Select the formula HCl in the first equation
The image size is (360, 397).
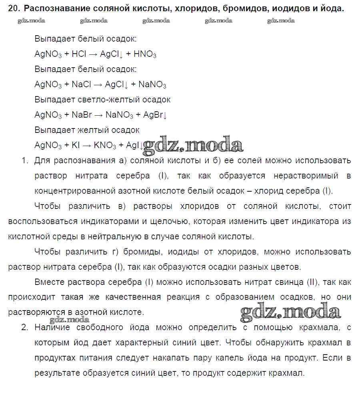coord(79,54)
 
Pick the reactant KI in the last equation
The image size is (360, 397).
coord(76,145)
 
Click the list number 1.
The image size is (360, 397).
coord(24,161)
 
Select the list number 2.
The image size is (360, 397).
coord(24,327)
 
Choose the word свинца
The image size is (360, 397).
coord(286,282)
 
